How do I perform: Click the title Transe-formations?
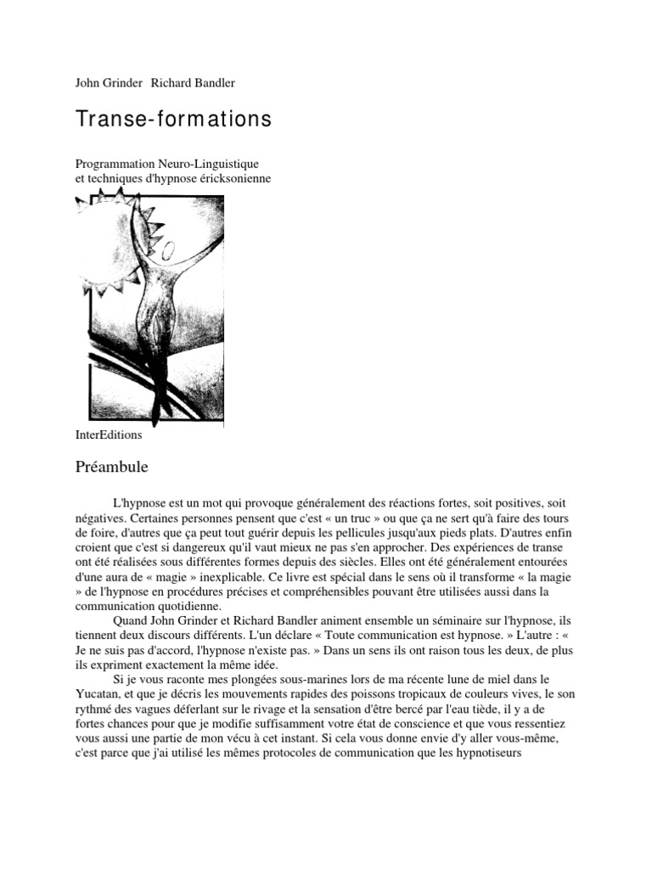[x=173, y=120]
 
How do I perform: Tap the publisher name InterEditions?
[x=109, y=435]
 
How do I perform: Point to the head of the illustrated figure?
[x=169, y=249]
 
